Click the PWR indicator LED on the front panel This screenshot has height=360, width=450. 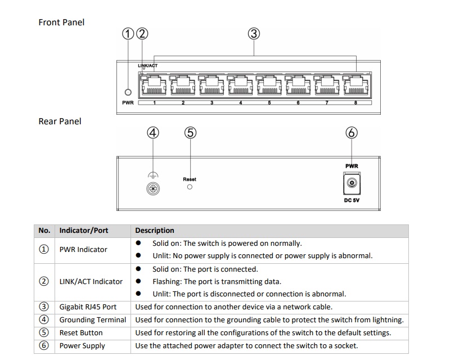click(x=128, y=92)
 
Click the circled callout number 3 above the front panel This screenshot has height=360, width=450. click(x=254, y=34)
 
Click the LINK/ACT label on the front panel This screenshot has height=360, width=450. click(x=147, y=66)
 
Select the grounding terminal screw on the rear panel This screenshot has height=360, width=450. click(x=151, y=189)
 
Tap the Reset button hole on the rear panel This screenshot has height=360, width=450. click(x=190, y=187)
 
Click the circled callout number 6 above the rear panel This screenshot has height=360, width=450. click(x=352, y=133)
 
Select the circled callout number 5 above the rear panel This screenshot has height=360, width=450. click(x=190, y=133)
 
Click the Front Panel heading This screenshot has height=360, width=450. click(x=61, y=22)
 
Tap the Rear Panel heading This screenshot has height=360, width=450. click(x=60, y=121)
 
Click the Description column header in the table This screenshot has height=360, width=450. click(x=155, y=231)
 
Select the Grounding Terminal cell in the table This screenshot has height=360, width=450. click(x=93, y=319)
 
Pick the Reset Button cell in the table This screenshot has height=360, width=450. click(x=82, y=332)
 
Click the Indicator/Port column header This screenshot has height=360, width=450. click(x=84, y=231)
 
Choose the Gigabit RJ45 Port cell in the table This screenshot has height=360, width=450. click(x=88, y=307)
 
